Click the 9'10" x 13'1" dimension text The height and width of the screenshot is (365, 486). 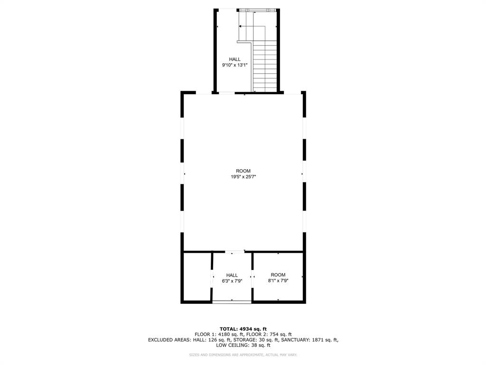(234, 65)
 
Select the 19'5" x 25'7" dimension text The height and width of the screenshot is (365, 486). (243, 177)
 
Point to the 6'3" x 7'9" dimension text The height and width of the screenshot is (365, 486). (232, 281)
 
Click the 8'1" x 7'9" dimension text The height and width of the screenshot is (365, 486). (278, 280)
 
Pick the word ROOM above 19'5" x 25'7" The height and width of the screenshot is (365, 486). (243, 171)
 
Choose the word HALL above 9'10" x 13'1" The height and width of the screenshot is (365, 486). (234, 59)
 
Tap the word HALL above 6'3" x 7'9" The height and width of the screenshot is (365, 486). (232, 275)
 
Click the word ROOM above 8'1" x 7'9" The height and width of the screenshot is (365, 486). (278, 275)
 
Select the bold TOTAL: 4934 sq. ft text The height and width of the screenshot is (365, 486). (243, 329)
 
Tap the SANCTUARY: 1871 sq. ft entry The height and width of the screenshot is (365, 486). (309, 340)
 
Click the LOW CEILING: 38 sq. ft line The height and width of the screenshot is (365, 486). (243, 345)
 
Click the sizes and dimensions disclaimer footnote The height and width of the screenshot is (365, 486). (243, 355)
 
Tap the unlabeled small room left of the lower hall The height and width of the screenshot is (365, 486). (197, 277)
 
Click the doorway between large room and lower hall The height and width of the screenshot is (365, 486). (234, 251)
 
